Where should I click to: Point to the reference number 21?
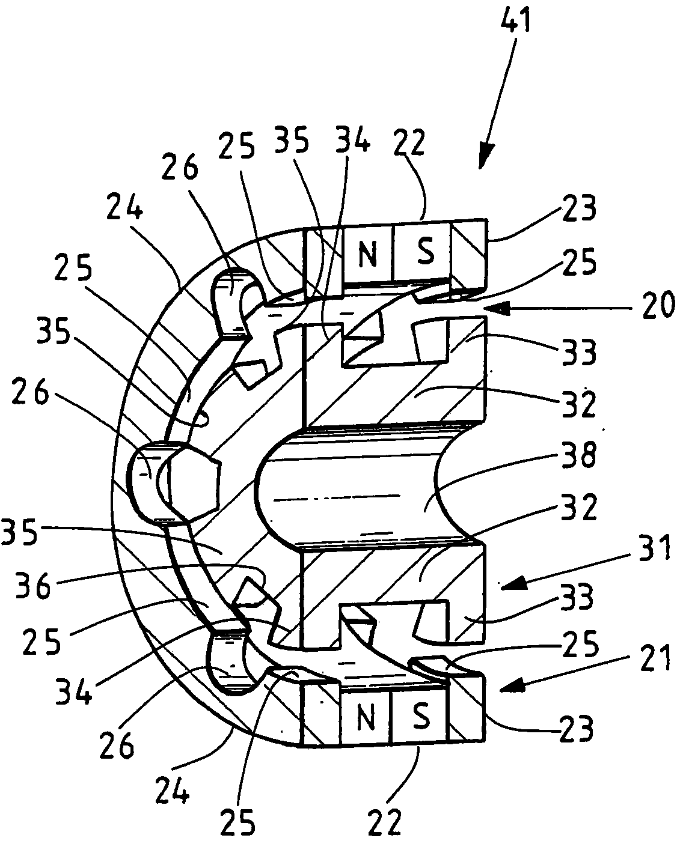click(651, 660)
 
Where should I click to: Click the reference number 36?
click(34, 586)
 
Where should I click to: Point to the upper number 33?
click(578, 352)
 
